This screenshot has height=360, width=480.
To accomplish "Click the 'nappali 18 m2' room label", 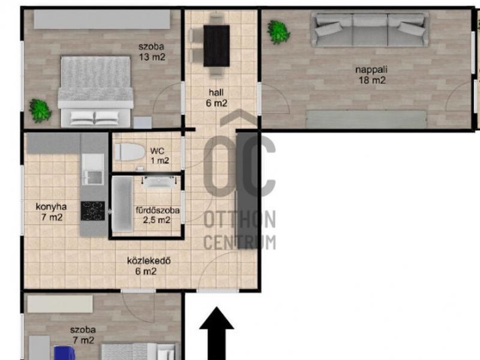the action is tap(371, 75).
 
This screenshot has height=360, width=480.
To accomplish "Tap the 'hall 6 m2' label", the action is tap(217, 98).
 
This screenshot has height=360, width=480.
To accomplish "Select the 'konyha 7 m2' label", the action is tap(52, 212).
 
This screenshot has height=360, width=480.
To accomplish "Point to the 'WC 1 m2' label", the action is tap(160, 155).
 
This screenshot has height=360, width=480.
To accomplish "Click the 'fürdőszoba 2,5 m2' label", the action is tap(157, 215).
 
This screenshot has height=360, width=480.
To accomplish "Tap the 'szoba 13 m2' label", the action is tap(152, 52).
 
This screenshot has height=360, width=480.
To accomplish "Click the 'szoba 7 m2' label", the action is tap(83, 335).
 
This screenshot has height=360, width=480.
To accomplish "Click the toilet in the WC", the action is tap(130, 152).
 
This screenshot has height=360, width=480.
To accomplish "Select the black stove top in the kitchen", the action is tap(93, 211).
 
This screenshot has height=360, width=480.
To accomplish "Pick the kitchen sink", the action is tap(93, 169).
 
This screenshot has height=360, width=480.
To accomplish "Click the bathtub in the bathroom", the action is tap(122, 204).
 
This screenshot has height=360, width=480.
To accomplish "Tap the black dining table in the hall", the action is tap(217, 46).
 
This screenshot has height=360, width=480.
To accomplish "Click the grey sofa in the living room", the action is tap(370, 29).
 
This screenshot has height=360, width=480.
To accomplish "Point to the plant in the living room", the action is tap(278, 32).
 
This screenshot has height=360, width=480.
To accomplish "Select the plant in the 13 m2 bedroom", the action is tap(40, 110).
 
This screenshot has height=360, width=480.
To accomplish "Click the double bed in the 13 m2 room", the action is tap(96, 92).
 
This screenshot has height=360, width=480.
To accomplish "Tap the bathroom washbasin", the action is tap(160, 182).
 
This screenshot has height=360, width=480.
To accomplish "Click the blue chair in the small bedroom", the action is tap(65, 353).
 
